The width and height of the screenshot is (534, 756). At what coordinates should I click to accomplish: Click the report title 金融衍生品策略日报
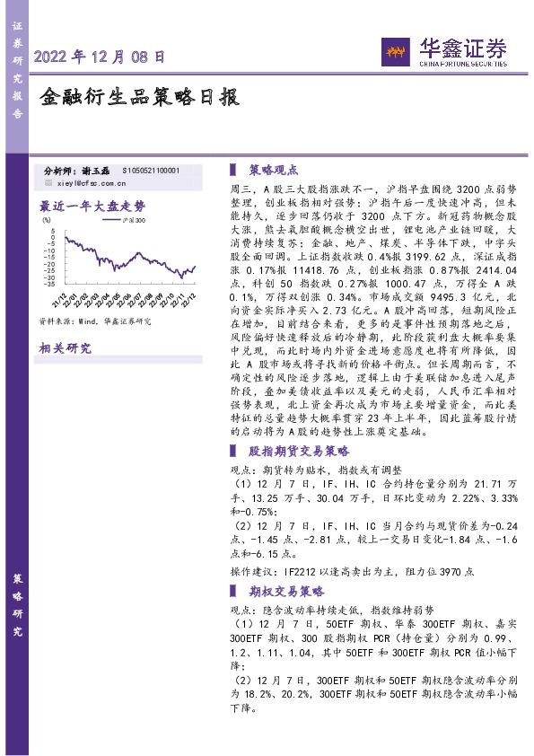[x=141, y=97]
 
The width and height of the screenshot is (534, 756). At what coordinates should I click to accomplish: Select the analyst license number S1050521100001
[x=151, y=170]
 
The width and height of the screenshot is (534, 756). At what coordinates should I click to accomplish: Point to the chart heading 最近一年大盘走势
[x=92, y=204]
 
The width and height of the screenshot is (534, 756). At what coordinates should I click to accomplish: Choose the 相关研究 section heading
[x=66, y=348]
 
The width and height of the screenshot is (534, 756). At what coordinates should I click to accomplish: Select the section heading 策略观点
[x=273, y=169]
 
